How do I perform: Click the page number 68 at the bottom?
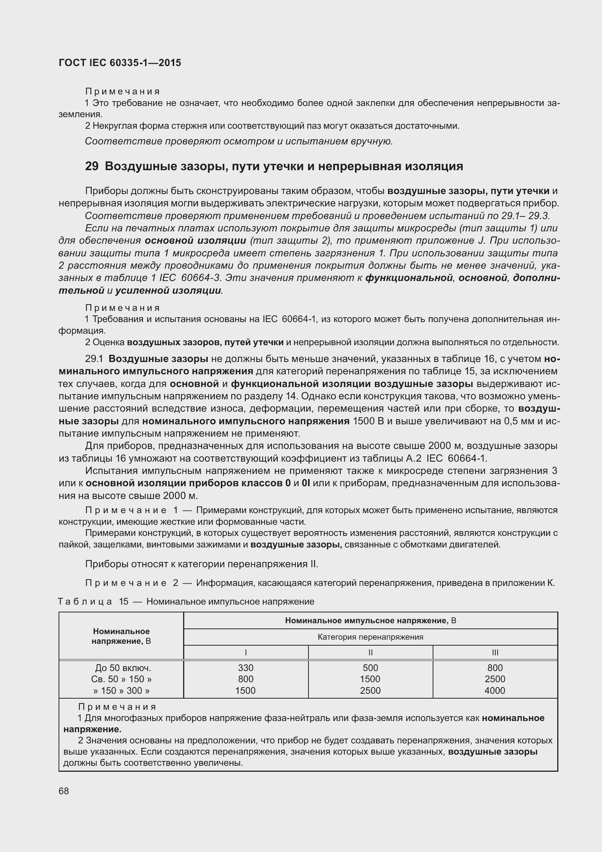(64, 791)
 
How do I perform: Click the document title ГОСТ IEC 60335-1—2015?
(120, 63)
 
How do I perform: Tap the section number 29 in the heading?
(91, 166)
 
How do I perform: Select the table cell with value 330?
(245, 668)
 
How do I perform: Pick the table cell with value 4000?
(495, 690)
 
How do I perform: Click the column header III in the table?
(495, 652)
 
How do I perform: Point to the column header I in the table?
(245, 652)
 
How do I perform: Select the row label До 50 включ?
(123, 668)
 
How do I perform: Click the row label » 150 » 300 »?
(121, 690)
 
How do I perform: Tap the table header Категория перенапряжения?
(370, 637)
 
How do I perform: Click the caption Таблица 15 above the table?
(93, 602)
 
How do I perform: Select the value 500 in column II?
(370, 668)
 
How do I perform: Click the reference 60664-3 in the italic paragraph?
(201, 278)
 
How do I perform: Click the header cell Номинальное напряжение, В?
(121, 636)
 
